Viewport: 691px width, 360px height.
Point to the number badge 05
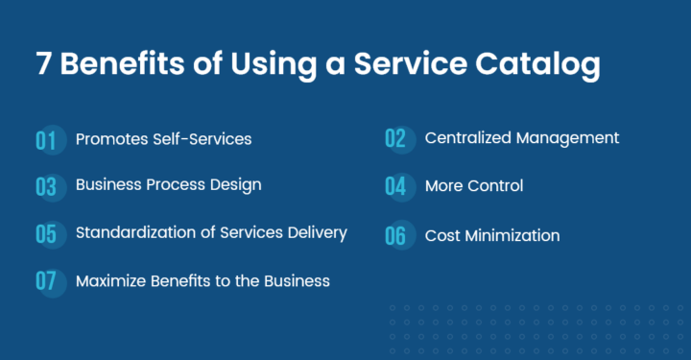pyautogui.click(x=47, y=234)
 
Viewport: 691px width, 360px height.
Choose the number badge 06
pyautogui.click(x=396, y=235)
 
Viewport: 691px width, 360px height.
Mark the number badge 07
pyautogui.click(x=47, y=282)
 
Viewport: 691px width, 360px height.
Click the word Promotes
pyautogui.click(x=112, y=139)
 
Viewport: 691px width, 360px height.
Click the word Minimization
pyautogui.click(x=514, y=235)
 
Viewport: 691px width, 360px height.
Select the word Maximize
pyautogui.click(x=109, y=280)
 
